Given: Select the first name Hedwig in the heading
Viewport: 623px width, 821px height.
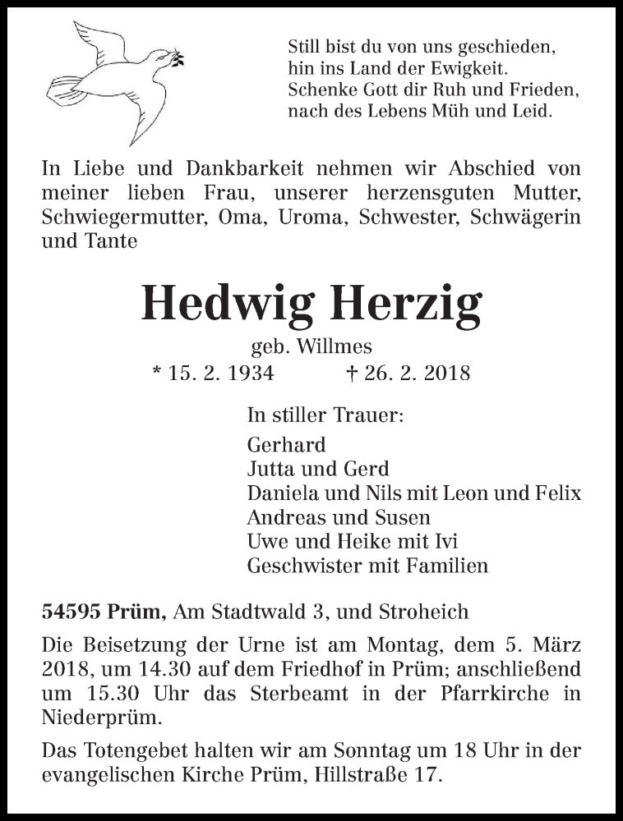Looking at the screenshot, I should coord(223,303).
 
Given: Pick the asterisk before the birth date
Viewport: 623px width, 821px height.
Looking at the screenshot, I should coord(157,372).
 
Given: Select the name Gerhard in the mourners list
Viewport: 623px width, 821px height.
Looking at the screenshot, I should coord(286,445).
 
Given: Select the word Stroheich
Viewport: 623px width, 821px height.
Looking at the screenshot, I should coord(425,612).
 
